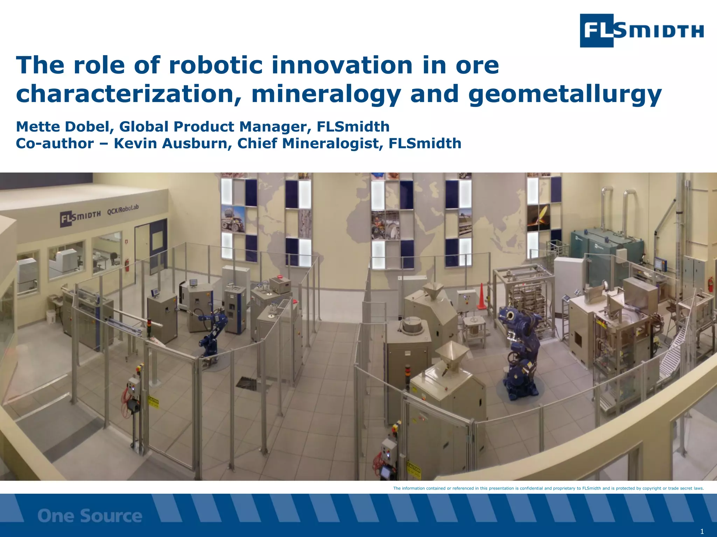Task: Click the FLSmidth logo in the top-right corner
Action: coord(641,30)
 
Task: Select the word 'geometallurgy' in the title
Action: coord(565,94)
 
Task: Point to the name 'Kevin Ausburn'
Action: coord(171,143)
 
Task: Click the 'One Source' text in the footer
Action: coord(90,516)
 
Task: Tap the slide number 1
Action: coord(702,532)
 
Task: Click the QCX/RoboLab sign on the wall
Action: coord(123,209)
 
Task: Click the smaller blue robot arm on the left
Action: coord(211,332)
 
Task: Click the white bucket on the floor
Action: coord(51,316)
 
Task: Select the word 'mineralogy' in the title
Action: coord(326,94)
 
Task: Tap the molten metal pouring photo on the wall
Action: coord(538,217)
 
